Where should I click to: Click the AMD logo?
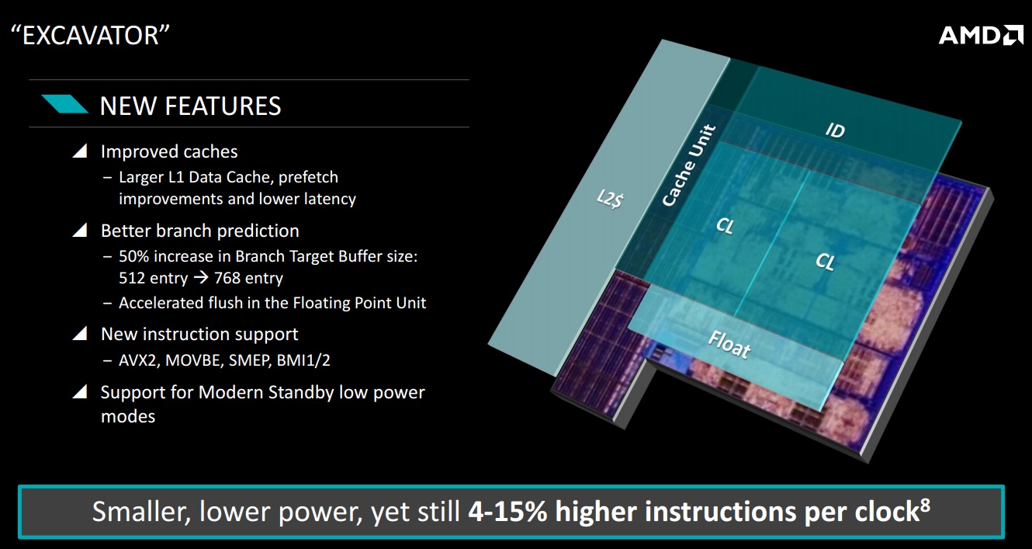pyautogui.click(x=981, y=36)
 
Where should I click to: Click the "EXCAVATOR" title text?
pyautogui.click(x=90, y=35)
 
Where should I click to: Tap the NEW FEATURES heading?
pyautogui.click(x=190, y=106)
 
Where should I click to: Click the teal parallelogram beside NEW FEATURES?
pyautogui.click(x=64, y=104)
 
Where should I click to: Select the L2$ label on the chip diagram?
pyautogui.click(x=610, y=199)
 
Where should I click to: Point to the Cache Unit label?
pyautogui.click(x=689, y=165)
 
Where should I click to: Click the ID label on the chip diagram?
pyautogui.click(x=835, y=130)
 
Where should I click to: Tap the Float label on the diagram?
pyautogui.click(x=729, y=345)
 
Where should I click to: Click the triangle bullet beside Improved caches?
pyautogui.click(x=80, y=151)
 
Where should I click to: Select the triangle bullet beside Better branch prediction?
pyautogui.click(x=80, y=230)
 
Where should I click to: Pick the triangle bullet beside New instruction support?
pyautogui.click(x=80, y=333)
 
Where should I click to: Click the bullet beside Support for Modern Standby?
pyautogui.click(x=80, y=391)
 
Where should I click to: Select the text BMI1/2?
pyautogui.click(x=303, y=360)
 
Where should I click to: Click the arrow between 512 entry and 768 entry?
pyautogui.click(x=201, y=278)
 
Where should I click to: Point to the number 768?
pyautogui.click(x=227, y=278)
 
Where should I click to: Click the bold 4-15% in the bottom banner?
pyautogui.click(x=507, y=511)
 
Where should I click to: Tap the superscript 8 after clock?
pyautogui.click(x=925, y=505)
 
